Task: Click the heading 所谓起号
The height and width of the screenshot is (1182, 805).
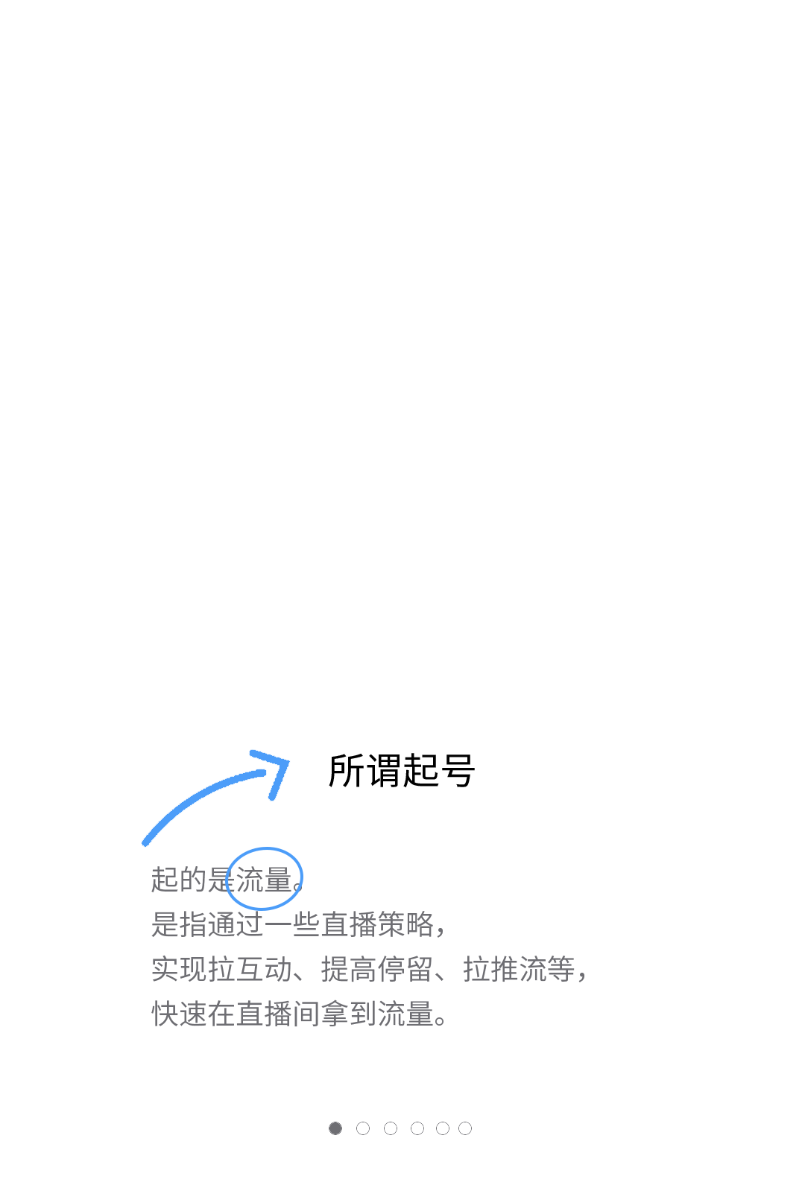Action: [402, 771]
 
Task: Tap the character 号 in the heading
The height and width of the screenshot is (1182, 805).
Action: [458, 771]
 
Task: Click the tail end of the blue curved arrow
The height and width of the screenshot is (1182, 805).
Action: [145, 843]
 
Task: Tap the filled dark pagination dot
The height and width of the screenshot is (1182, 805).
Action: [335, 1128]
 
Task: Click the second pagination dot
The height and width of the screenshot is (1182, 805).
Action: [363, 1128]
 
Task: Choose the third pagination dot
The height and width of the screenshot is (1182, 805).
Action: [391, 1128]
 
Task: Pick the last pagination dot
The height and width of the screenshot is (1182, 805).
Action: [465, 1128]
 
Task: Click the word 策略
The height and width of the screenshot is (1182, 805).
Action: [405, 924]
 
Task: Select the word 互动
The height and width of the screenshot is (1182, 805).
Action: [264, 969]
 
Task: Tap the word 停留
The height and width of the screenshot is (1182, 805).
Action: [405, 969]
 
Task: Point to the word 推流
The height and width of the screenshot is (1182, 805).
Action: [519, 969]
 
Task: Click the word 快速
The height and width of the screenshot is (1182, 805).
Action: [179, 1014]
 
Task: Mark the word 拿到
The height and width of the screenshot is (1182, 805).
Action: [349, 1014]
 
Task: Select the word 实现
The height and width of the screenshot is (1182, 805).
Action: [179, 969]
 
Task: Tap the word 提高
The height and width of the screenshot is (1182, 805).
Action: [349, 969]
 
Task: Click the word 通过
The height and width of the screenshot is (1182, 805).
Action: [236, 924]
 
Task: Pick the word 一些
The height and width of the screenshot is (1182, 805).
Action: [293, 924]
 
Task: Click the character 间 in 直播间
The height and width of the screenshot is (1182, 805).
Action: [307, 1014]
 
